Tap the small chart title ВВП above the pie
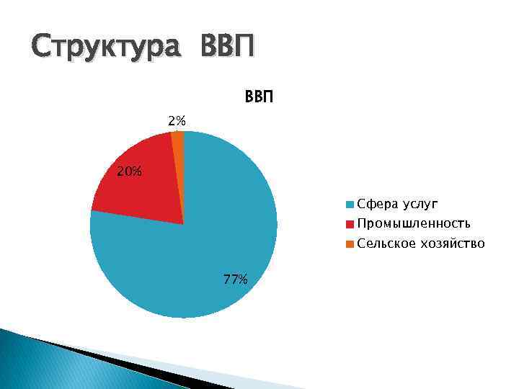point(260,97)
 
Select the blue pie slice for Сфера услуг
point(216,238)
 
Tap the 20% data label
point(130,171)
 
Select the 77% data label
point(236,280)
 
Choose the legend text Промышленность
point(414,223)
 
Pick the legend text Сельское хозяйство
point(421,243)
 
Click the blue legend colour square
point(350,204)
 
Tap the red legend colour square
point(350,224)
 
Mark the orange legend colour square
point(350,244)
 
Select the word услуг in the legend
point(418,204)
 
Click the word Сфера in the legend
point(375,204)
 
